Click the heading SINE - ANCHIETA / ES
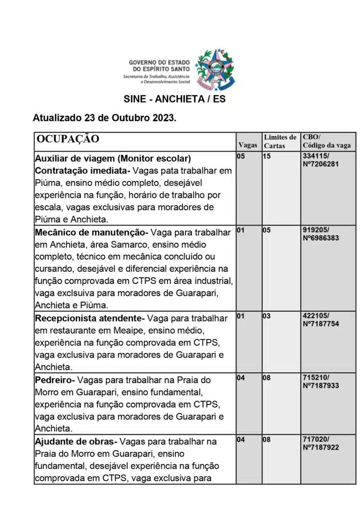(175, 99)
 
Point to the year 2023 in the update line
(163, 119)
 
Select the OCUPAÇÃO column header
(68, 139)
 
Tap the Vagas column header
(248, 145)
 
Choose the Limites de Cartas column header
(280, 141)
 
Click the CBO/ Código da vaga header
(327, 141)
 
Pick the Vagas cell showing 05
(241, 156)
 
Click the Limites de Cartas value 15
(267, 156)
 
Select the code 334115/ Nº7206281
(321, 160)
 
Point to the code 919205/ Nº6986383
(321, 234)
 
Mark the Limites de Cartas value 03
(267, 316)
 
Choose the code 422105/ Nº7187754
(321, 320)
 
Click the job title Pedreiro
(53, 380)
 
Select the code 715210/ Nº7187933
(321, 382)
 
